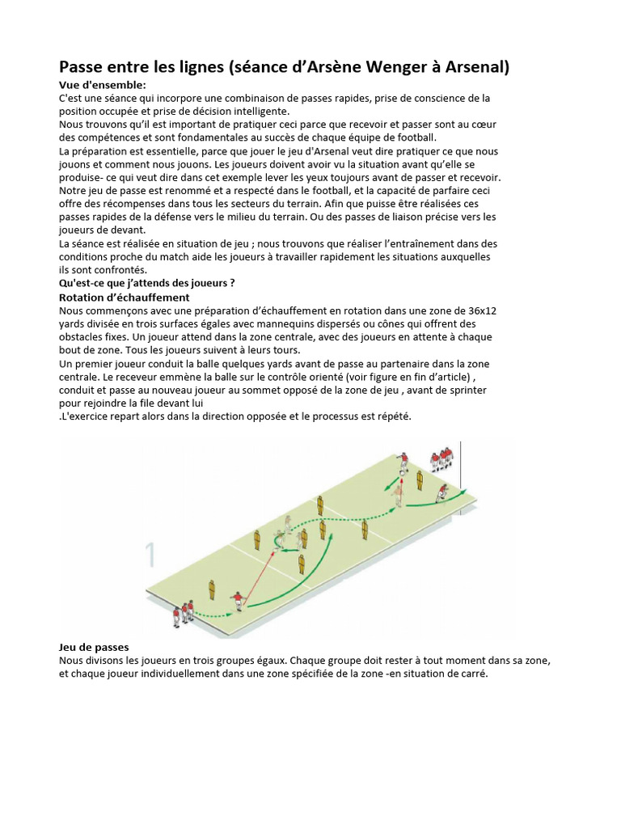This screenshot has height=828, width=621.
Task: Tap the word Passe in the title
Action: (85, 67)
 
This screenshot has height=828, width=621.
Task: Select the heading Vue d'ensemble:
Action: (102, 85)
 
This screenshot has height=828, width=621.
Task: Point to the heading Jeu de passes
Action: (94, 648)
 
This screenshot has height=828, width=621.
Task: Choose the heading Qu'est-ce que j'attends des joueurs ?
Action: (146, 283)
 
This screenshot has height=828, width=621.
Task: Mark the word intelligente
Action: (256, 112)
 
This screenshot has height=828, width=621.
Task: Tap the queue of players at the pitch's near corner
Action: (184, 613)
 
